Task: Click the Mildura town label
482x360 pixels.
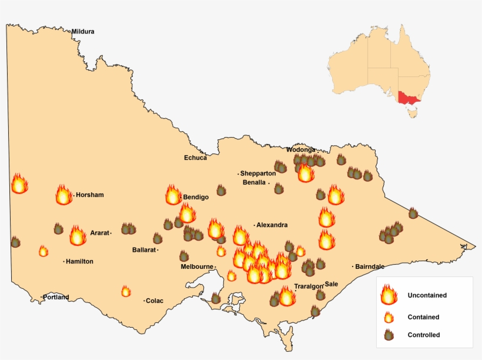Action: [83, 32]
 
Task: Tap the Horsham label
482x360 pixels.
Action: [89, 195]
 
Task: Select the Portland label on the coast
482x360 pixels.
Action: [56, 297]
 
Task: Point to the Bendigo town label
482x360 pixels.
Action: [196, 197]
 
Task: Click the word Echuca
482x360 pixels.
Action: [195, 158]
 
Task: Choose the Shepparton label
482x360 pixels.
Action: [257, 174]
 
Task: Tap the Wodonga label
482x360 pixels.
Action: [301, 149]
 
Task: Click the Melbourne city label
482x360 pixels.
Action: [197, 266]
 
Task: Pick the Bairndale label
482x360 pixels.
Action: [370, 266]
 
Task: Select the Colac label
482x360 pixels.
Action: [155, 301]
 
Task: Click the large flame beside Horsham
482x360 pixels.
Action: [63, 195]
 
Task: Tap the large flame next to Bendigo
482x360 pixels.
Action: [173, 195]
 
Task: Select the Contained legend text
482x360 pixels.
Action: [423, 317]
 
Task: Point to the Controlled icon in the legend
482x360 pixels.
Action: [388, 335]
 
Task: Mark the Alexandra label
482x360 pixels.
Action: [272, 225]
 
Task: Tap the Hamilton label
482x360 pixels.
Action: [79, 261]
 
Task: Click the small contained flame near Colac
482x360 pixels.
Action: [126, 291]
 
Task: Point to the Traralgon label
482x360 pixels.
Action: [309, 286]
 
